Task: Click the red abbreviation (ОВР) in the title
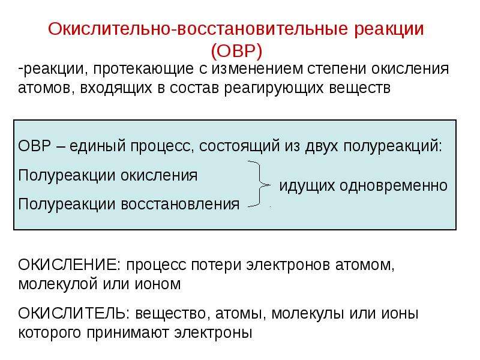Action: point(236,50)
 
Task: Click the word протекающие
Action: point(143,68)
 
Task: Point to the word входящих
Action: point(116,88)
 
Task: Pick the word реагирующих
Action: point(274,88)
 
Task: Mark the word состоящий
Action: point(239,146)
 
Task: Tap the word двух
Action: point(322,146)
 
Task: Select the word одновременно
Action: point(394,185)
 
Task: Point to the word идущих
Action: point(307,186)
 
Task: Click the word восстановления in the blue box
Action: point(180,204)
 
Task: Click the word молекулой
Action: point(58,284)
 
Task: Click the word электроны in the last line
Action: point(213,332)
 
